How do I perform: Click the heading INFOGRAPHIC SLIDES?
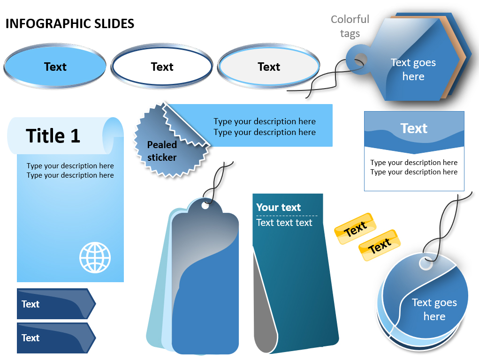click(70, 24)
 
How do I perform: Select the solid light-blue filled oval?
click(55, 66)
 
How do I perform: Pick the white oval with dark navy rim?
click(162, 66)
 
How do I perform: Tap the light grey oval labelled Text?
click(269, 66)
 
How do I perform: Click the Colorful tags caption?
click(350, 26)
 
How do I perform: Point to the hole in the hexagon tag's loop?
click(361, 59)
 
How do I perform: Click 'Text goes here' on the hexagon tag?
click(413, 69)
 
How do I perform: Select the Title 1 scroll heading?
click(53, 136)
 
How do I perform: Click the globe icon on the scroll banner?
click(95, 257)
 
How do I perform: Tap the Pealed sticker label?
click(162, 151)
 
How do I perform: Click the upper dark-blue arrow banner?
click(56, 304)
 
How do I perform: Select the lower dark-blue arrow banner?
click(56, 338)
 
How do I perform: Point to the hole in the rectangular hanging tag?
click(205, 206)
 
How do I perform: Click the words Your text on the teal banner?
click(279, 207)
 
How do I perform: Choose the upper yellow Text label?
click(355, 229)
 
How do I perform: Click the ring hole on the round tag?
click(426, 263)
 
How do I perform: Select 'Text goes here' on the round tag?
click(434, 309)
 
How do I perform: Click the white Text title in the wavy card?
click(414, 128)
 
